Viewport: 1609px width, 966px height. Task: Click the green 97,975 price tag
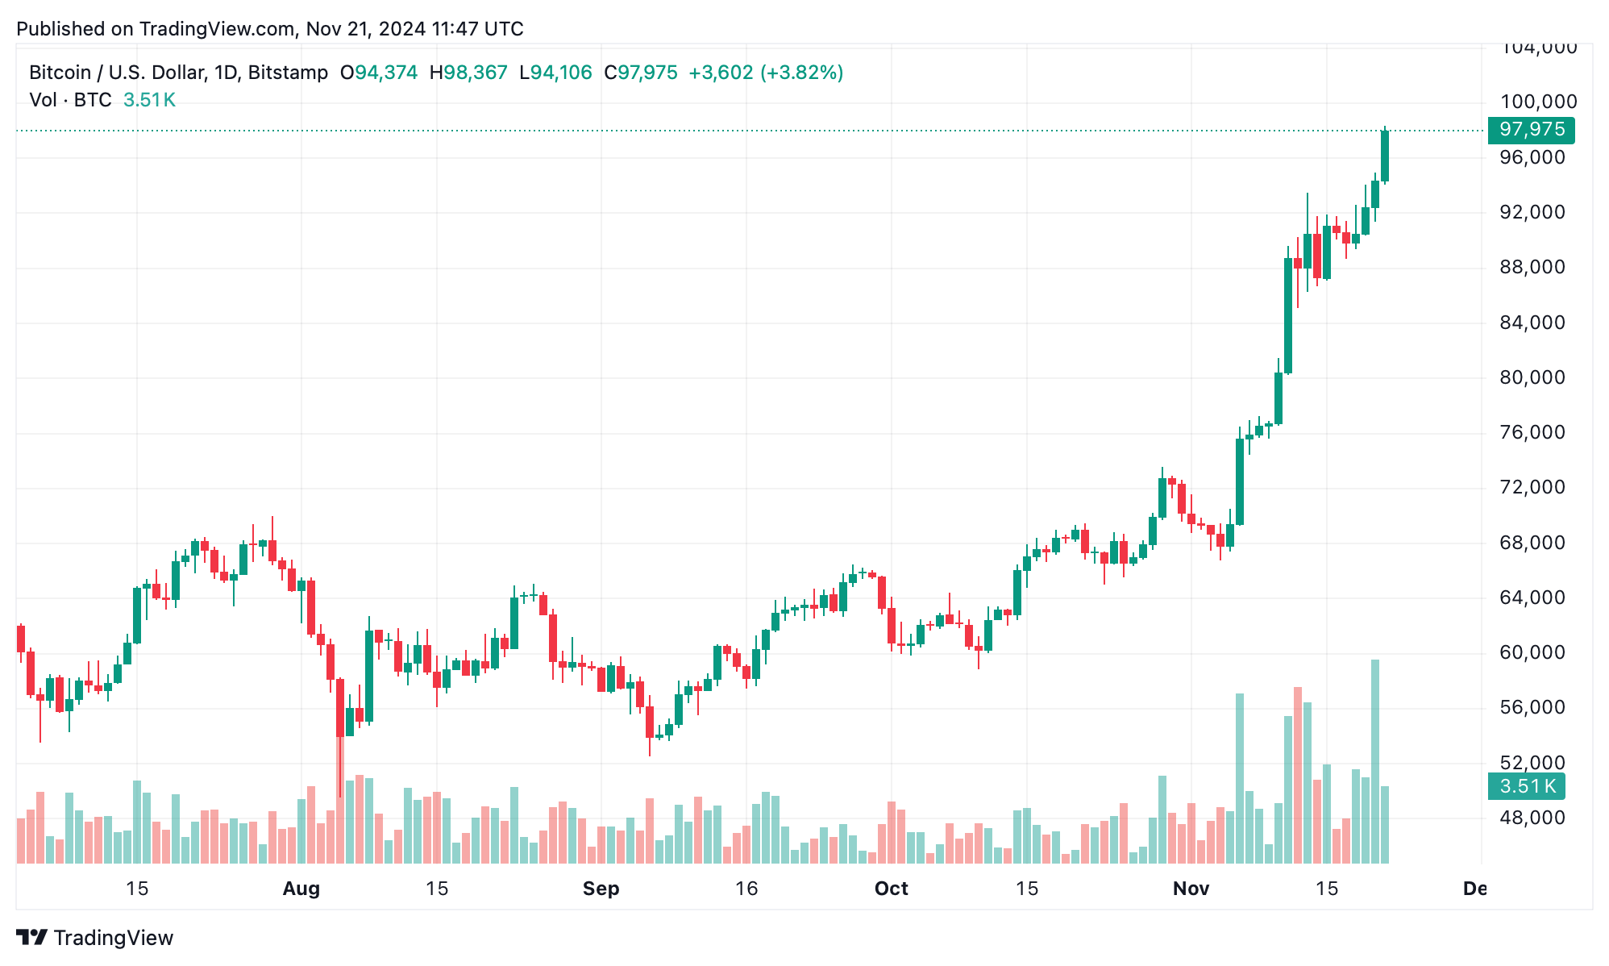1531,130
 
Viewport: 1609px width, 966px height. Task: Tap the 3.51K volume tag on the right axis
1526,786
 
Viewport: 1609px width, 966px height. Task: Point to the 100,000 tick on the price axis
1538,102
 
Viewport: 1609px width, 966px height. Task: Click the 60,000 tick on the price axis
1532,652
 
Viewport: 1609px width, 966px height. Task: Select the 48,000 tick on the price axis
1532,818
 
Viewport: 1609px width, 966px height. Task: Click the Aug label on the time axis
301,889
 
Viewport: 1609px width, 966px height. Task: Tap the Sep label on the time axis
601,889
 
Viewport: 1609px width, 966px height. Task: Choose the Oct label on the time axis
891,889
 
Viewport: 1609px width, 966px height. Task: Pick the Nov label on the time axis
1191,889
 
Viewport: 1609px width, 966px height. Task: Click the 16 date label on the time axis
746,889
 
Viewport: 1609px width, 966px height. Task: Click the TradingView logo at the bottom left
95,938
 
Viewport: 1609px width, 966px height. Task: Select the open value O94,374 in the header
379,73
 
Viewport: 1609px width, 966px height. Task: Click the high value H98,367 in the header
468,73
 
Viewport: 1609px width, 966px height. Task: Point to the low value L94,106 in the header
555,73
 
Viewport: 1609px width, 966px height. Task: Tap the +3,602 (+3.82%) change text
765,73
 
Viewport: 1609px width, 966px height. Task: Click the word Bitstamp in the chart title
288,73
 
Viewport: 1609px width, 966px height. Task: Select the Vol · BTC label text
70,100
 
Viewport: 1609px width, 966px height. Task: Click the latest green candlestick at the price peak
1385,156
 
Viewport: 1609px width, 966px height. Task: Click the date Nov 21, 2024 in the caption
365,29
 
